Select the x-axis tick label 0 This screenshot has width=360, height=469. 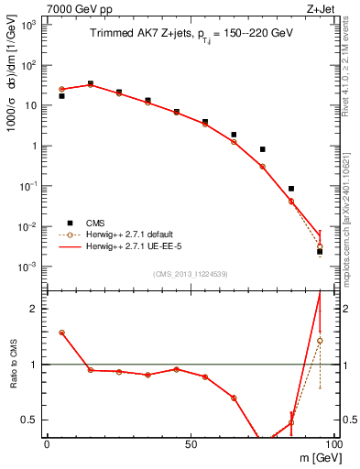pos(47,444)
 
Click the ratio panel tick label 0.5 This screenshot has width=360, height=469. pos(27,420)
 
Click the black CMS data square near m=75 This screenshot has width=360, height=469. pos(263,149)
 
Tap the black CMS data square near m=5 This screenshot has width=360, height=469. pos(61,95)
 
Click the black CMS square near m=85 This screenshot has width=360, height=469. pos(291,189)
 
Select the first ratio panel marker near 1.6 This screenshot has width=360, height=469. pos(61,333)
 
